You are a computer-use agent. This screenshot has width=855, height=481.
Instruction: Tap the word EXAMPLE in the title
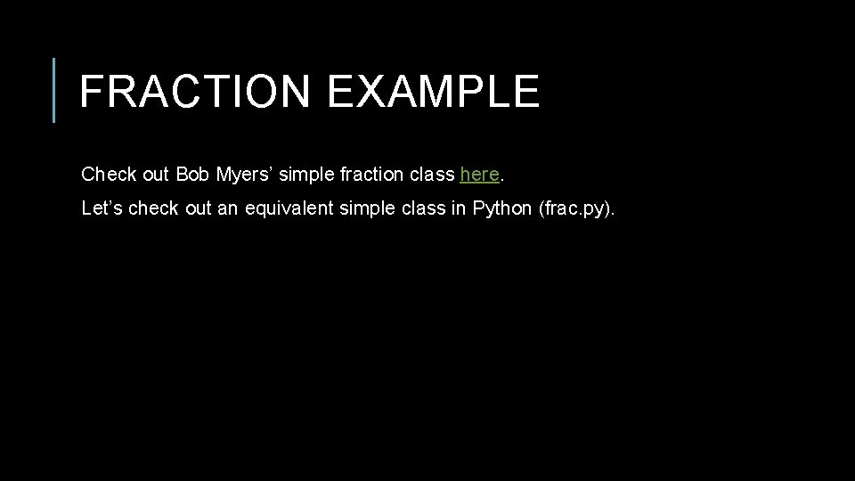[433, 91]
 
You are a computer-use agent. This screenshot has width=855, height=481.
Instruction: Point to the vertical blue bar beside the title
[54, 90]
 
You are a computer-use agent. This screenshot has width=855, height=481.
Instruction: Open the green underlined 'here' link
[479, 174]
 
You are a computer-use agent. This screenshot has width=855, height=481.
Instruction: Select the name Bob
[191, 174]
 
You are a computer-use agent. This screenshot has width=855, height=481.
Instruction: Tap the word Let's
[102, 208]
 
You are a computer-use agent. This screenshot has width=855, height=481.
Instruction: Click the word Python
[501, 208]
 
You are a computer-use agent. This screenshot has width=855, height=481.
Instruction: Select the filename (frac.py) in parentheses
[576, 208]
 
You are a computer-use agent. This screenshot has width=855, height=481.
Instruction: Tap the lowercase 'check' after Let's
[154, 208]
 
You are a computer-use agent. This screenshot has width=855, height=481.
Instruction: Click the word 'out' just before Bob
[155, 174]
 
